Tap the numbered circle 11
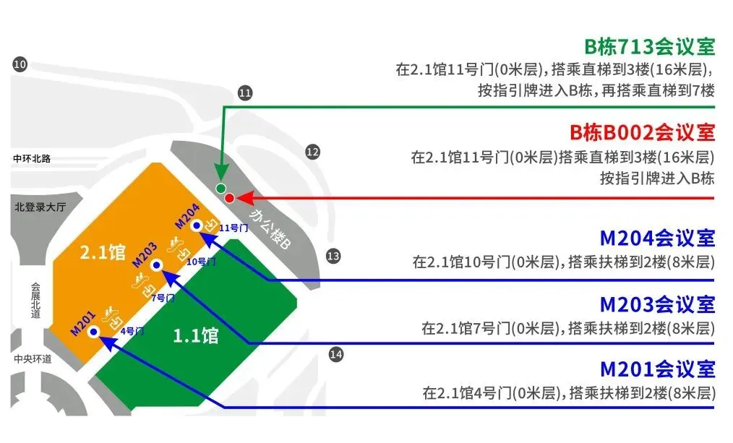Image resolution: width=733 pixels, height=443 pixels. coord(245,93)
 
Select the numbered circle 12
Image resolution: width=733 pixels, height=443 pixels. coord(312,152)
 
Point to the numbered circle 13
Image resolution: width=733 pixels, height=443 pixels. coord(333,255)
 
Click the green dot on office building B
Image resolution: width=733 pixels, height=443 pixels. coord(221,189)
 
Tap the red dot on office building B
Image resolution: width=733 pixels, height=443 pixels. coord(230,198)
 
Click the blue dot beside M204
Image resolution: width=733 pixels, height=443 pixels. coord(196,225)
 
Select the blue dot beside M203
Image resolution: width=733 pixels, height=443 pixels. coord(156,265)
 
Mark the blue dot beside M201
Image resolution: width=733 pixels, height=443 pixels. coord(93,332)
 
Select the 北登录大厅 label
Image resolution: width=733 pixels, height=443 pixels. coord(40,207)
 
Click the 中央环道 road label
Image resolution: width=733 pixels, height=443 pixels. coord(33,358)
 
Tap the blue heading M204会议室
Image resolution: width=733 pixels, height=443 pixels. coord(657,238)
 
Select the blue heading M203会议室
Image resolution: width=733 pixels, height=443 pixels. coord(657,304)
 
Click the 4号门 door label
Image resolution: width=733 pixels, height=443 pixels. coord(132,331)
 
